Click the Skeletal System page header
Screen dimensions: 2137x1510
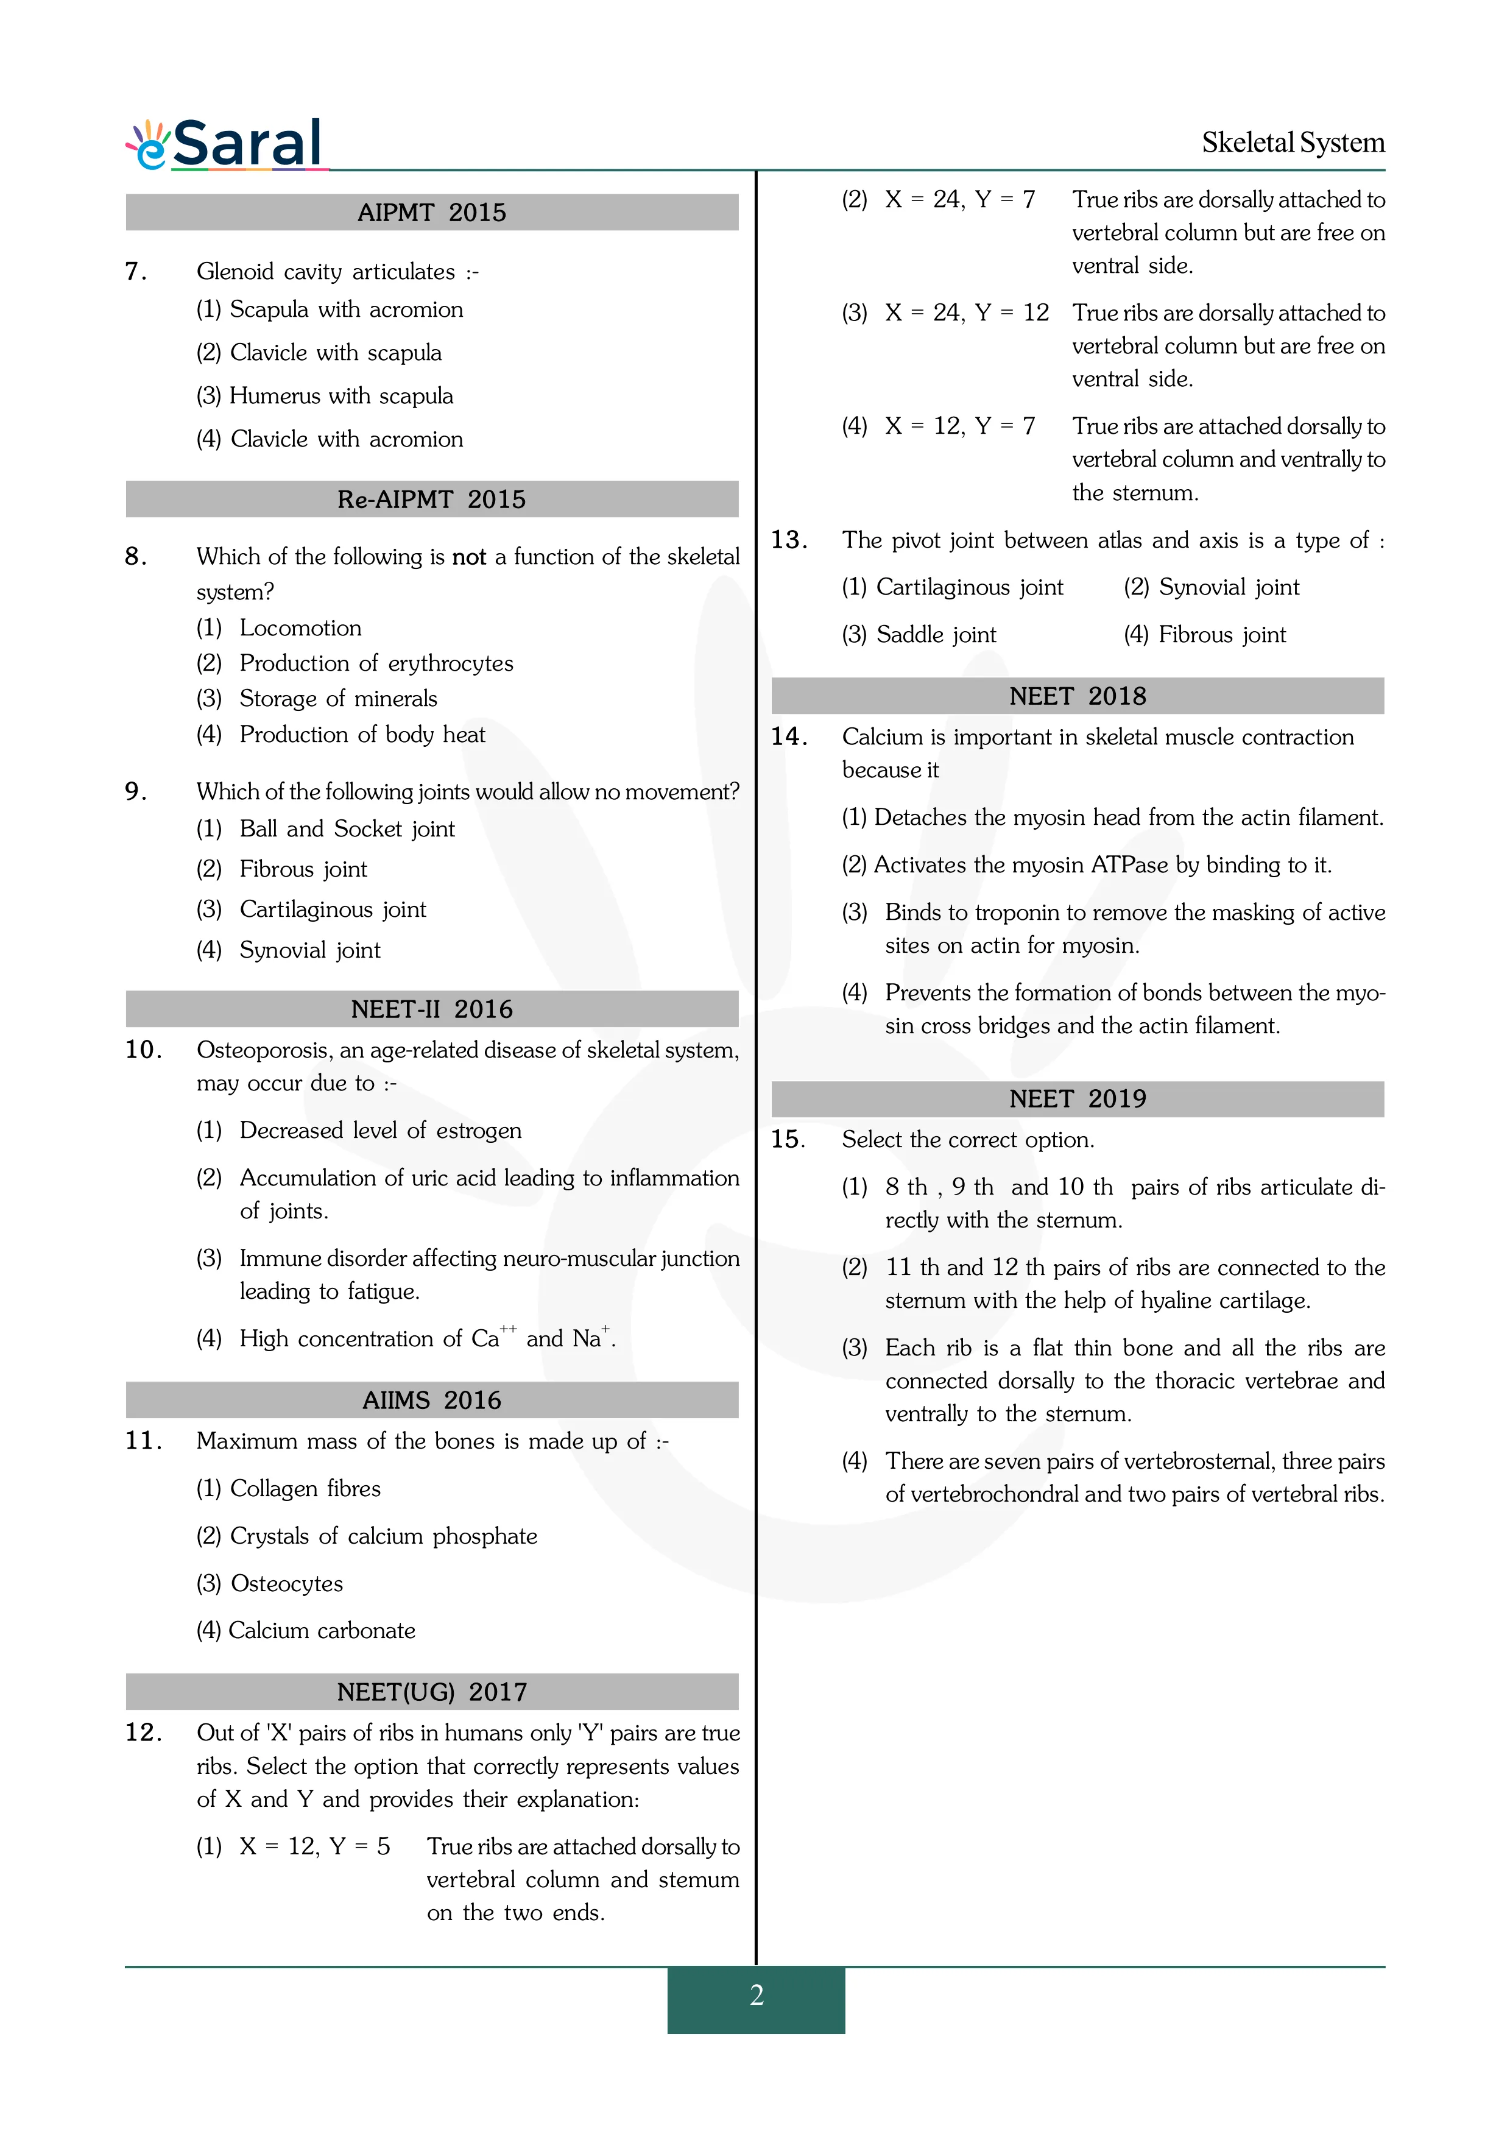tap(1293, 143)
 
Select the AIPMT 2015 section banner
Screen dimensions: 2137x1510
tap(432, 212)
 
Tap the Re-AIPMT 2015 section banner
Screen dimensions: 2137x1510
tap(432, 499)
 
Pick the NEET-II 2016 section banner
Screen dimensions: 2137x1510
tap(432, 1009)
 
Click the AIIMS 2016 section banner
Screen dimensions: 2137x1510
tap(432, 1400)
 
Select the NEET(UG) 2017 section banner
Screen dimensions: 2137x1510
tap(432, 1691)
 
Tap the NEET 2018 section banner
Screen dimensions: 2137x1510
tap(1078, 696)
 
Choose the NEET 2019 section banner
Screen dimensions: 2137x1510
tap(1078, 1099)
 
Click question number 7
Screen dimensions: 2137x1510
tap(136, 272)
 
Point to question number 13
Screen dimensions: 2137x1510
tap(789, 540)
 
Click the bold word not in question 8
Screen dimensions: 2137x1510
tap(469, 557)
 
